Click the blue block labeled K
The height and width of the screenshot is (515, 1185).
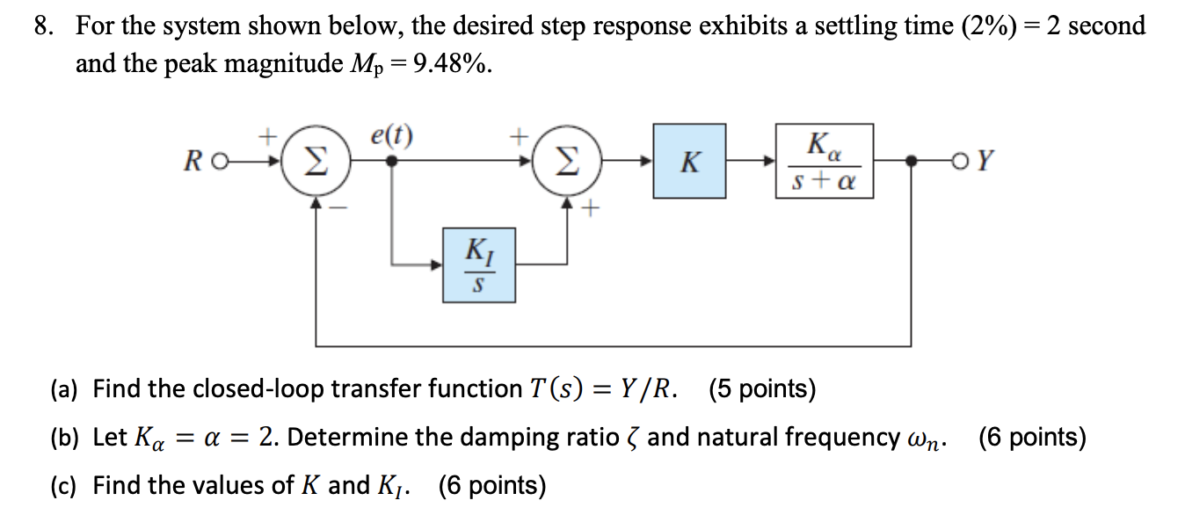tap(689, 161)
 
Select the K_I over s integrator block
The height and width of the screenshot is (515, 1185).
tap(478, 265)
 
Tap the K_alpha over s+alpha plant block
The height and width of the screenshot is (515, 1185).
tap(825, 161)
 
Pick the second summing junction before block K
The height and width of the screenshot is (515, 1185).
tap(568, 161)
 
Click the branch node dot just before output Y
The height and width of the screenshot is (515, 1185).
tap(912, 162)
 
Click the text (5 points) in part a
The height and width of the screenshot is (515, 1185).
tap(761, 388)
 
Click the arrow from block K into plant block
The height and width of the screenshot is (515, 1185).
tap(751, 162)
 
